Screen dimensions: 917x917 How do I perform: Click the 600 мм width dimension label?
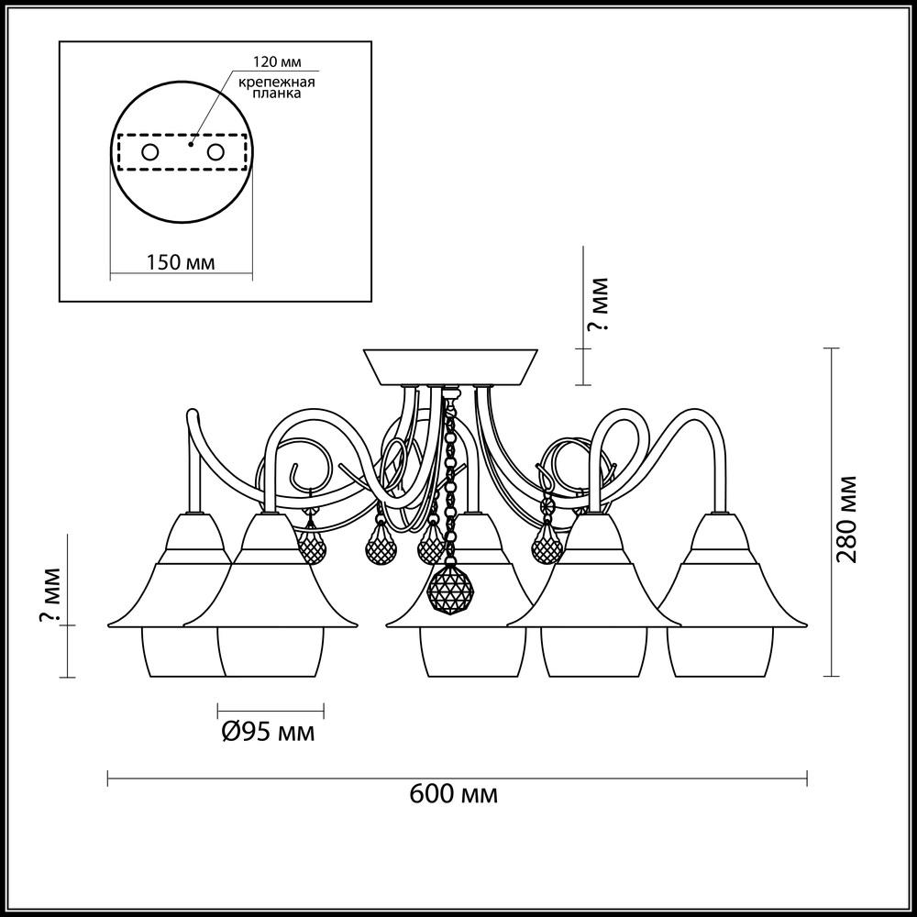point(454,793)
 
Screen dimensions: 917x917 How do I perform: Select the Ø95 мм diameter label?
point(269,732)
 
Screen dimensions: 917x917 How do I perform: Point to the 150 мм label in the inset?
point(181,262)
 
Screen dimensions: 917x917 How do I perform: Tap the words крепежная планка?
point(277,88)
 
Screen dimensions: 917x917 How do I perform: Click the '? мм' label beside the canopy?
point(599,304)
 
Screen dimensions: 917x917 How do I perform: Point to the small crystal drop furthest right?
point(547,547)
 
